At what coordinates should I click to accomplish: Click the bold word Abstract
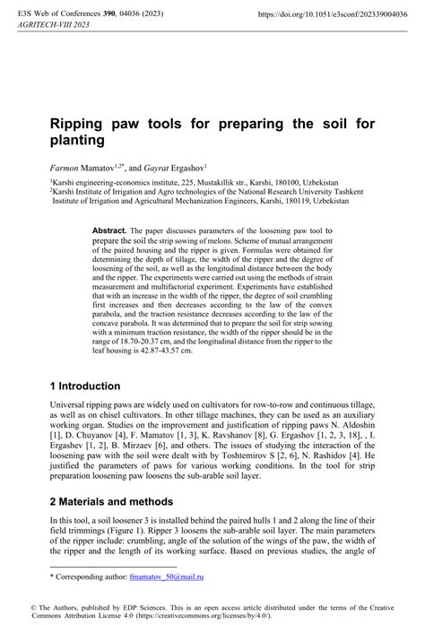click(110, 231)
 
